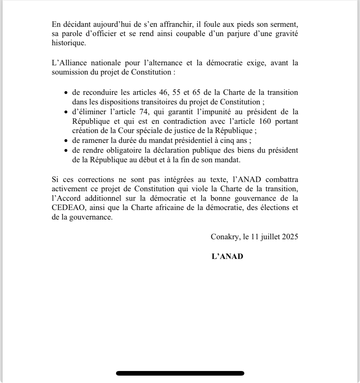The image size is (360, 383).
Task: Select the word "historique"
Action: (x=69, y=43)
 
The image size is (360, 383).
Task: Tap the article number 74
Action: (x=145, y=111)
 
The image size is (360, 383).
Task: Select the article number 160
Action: (x=263, y=121)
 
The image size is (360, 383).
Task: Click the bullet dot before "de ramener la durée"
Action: (x=66, y=141)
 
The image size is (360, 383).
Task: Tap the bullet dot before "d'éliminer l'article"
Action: (x=66, y=112)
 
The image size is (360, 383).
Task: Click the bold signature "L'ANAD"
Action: (x=227, y=256)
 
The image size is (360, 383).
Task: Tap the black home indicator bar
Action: (x=180, y=373)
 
